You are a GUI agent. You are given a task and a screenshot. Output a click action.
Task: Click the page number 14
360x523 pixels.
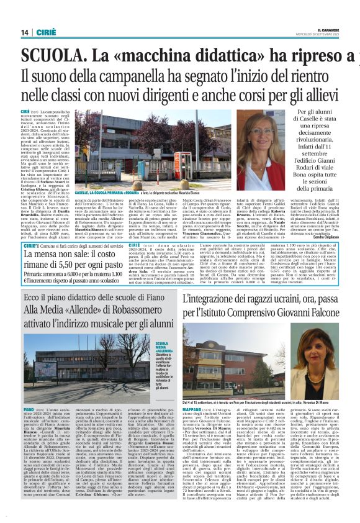10,32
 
